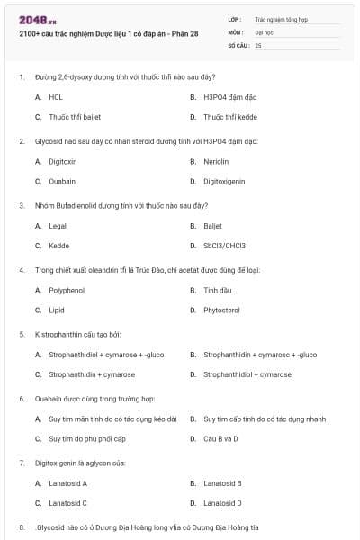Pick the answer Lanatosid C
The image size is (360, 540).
[67, 503]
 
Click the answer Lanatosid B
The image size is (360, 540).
[222, 483]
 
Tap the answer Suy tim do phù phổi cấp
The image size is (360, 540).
[87, 439]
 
